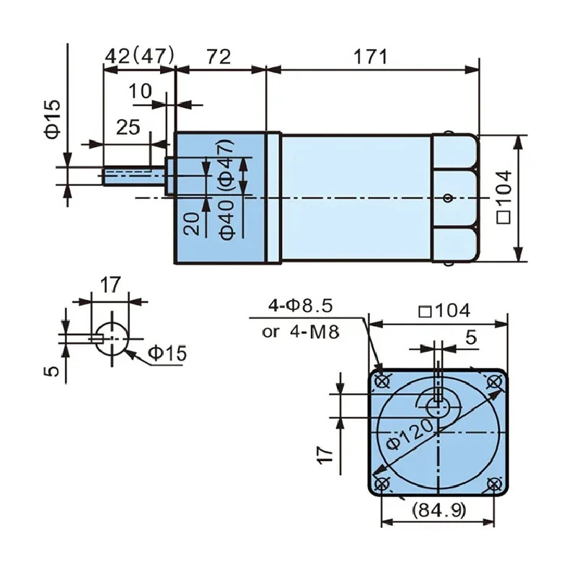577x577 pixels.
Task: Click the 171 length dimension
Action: [x=371, y=58]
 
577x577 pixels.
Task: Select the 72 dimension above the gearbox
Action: [x=219, y=58]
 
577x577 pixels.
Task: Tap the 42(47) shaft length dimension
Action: [x=139, y=56]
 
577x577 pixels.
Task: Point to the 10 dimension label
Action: [x=140, y=92]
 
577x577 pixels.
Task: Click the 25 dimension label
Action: [x=128, y=128]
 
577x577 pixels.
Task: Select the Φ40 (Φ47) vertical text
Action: [x=226, y=190]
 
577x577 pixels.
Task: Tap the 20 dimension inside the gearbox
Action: [x=192, y=224]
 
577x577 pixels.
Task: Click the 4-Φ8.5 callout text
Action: [x=301, y=306]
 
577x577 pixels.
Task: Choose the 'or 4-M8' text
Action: [x=300, y=332]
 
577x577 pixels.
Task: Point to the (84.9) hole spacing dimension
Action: [x=439, y=510]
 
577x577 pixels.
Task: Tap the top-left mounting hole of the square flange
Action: [x=383, y=381]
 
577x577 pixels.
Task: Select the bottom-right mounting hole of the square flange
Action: [x=494, y=484]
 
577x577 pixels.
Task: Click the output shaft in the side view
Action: [x=134, y=176]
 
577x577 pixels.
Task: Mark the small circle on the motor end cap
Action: [x=448, y=198]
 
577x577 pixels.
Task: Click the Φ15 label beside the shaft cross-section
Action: [x=167, y=353]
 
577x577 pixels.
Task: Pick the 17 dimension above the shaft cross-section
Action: [x=110, y=284]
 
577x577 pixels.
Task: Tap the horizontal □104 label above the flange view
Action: [x=444, y=311]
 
